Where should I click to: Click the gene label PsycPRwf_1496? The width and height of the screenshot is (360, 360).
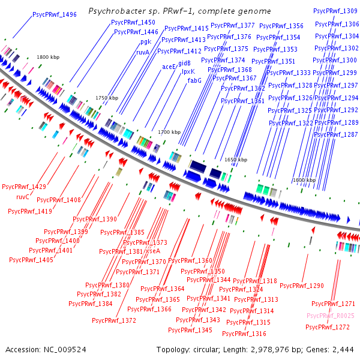point(55,14)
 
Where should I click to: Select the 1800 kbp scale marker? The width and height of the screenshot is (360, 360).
point(49,57)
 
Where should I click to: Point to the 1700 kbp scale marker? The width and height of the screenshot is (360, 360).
point(169,132)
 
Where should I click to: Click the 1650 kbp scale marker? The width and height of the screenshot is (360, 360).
point(235,160)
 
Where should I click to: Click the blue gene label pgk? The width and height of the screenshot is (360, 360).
point(146,42)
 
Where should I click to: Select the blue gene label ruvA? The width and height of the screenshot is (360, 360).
point(143,52)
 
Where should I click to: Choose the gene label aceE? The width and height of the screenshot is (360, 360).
point(169,67)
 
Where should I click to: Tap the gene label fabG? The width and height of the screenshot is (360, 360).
point(194,80)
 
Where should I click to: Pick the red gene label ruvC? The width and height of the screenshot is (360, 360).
point(23,196)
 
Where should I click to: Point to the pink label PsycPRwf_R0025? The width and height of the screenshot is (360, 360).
point(331,316)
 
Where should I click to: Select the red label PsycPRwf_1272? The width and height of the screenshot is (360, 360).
point(328,327)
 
